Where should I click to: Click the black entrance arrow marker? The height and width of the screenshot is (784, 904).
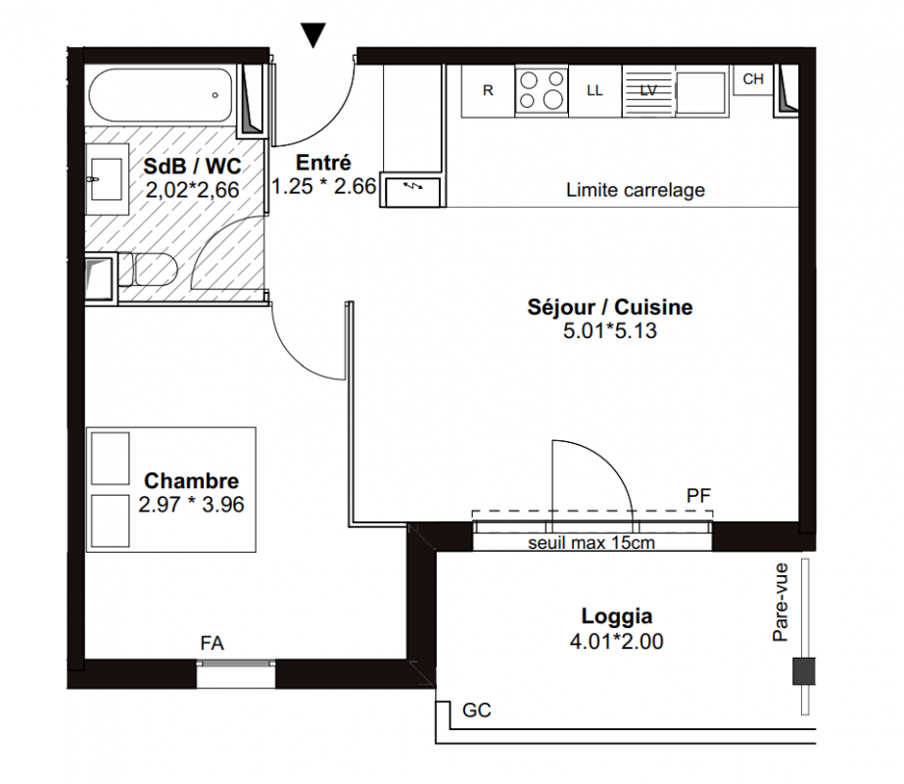pos(313,35)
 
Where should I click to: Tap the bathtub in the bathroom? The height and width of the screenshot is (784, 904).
pos(161,95)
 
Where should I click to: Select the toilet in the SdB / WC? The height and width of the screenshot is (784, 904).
pos(147,269)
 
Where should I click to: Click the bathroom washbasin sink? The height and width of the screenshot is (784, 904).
pos(107,179)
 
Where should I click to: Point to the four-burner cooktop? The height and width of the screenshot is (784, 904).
pos(542,90)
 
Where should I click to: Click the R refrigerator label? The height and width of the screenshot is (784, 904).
pos(488,90)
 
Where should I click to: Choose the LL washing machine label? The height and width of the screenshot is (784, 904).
pos(595,90)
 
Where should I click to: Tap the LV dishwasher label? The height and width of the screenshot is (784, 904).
pos(648,90)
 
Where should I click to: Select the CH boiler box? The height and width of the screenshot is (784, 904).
pos(753,79)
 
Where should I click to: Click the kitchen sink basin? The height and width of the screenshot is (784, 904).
pos(700,92)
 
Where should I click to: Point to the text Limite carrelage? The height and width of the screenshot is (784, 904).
pos(636,190)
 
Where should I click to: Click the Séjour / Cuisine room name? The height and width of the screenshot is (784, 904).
pos(610,307)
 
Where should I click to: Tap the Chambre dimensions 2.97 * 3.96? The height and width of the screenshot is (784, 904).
pos(191,504)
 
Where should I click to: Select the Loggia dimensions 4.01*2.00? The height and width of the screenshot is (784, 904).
pos(616,641)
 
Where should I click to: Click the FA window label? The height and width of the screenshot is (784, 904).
pos(212,643)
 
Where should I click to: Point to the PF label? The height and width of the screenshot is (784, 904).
pos(698,496)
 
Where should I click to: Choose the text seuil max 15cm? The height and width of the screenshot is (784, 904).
pos(592,543)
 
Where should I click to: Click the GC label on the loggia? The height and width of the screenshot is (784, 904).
pos(477,710)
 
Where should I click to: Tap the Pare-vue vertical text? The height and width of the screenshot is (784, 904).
pos(780,603)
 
